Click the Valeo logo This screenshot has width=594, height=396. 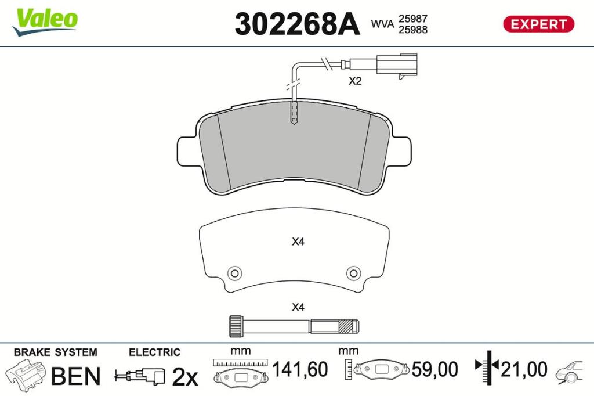click(x=45, y=21)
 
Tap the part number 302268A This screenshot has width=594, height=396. click(x=297, y=24)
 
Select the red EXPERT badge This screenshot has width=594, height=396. click(x=538, y=24)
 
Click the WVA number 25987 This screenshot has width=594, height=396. click(x=412, y=19)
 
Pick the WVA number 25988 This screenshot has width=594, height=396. click(x=412, y=30)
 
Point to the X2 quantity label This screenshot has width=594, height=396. click(x=355, y=81)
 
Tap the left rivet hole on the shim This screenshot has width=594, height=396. click(x=234, y=273)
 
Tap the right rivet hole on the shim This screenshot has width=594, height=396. click(x=353, y=273)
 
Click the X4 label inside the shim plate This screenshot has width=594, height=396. click(x=298, y=242)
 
